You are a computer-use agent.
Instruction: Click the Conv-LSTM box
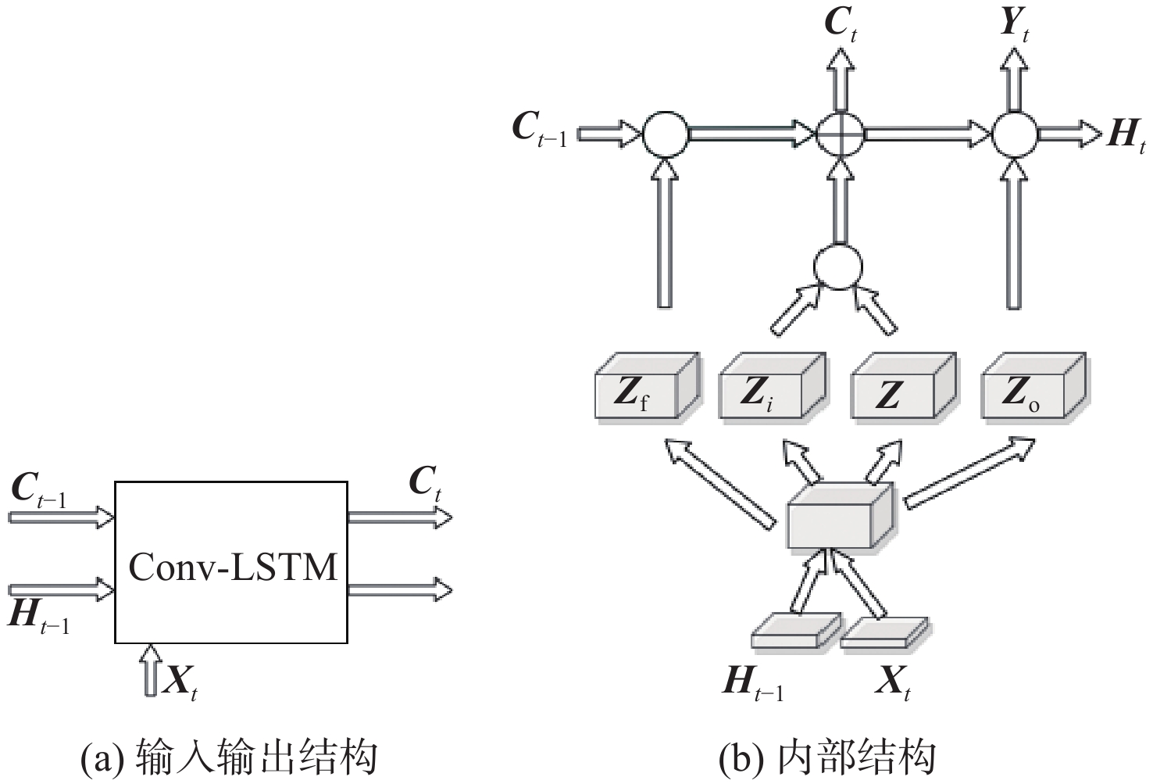pyautogui.click(x=231, y=562)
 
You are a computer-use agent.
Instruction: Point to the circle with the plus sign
pyautogui.click(x=841, y=134)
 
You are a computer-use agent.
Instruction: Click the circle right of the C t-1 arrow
pyautogui.click(x=666, y=134)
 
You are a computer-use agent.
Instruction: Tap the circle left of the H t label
pyautogui.click(x=1015, y=134)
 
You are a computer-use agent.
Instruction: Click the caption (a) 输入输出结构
pyautogui.click(x=230, y=757)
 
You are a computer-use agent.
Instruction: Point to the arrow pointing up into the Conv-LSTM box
pyautogui.click(x=151, y=668)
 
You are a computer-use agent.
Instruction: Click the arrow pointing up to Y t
pyautogui.click(x=1014, y=78)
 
